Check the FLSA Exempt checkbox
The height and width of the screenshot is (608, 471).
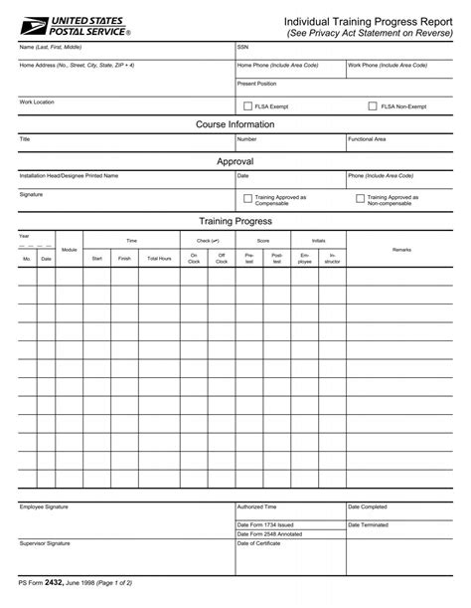pyautogui.click(x=247, y=105)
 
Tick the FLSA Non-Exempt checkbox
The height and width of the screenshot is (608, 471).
pyautogui.click(x=373, y=105)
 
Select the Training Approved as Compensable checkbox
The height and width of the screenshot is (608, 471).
pyautogui.click(x=247, y=199)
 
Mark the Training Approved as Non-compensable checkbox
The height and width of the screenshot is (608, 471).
pyautogui.click(x=360, y=199)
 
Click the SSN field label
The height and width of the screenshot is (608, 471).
pyautogui.click(x=242, y=47)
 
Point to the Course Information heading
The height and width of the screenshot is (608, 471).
pyautogui.click(x=235, y=125)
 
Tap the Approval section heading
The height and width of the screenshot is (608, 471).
pyautogui.click(x=235, y=161)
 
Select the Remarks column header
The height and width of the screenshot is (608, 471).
pyautogui.click(x=401, y=248)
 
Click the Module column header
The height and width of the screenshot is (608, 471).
pyautogui.click(x=70, y=250)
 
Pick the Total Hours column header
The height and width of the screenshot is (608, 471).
pyautogui.click(x=159, y=258)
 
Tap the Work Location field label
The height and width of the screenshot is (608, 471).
pyautogui.click(x=36, y=101)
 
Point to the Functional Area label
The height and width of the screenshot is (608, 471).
pyautogui.click(x=367, y=139)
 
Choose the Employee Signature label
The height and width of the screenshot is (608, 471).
pyautogui.click(x=44, y=507)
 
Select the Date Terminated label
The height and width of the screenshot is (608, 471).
pyautogui.click(x=367, y=524)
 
